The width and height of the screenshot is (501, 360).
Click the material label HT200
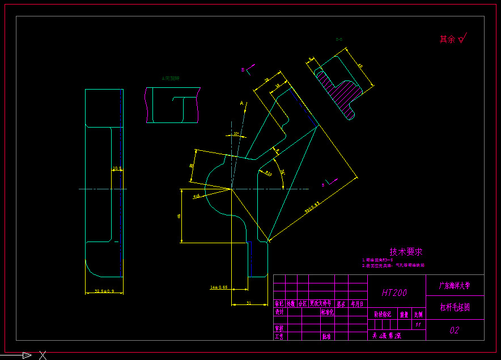pyautogui.click(x=394, y=293)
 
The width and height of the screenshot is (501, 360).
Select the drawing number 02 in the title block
pyautogui.click(x=455, y=330)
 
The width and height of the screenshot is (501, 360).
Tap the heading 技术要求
pyautogui.click(x=406, y=252)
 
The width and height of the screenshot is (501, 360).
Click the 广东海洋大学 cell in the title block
pyautogui.click(x=455, y=285)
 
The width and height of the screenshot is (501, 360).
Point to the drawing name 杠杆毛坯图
pyautogui.click(x=455, y=307)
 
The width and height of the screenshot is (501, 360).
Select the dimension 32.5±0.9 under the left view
pyautogui.click(x=104, y=291)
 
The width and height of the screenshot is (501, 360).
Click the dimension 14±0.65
pyautogui.click(x=219, y=287)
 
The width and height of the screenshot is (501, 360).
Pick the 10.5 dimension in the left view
pyautogui.click(x=117, y=168)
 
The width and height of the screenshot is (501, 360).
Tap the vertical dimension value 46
pyautogui.click(x=179, y=216)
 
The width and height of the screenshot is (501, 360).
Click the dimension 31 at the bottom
pyautogui.click(x=249, y=303)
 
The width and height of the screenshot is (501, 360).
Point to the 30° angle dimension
pyautogui.click(x=236, y=134)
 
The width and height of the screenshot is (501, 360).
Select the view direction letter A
pyautogui.click(x=242, y=104)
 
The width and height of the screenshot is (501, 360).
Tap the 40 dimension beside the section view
pyautogui.click(x=359, y=66)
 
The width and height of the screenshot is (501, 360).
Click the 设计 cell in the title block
pyautogui.click(x=279, y=312)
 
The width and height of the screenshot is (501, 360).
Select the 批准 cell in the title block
pyautogui.click(x=326, y=336)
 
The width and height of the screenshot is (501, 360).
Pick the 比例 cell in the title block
pyautogui.click(x=418, y=314)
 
